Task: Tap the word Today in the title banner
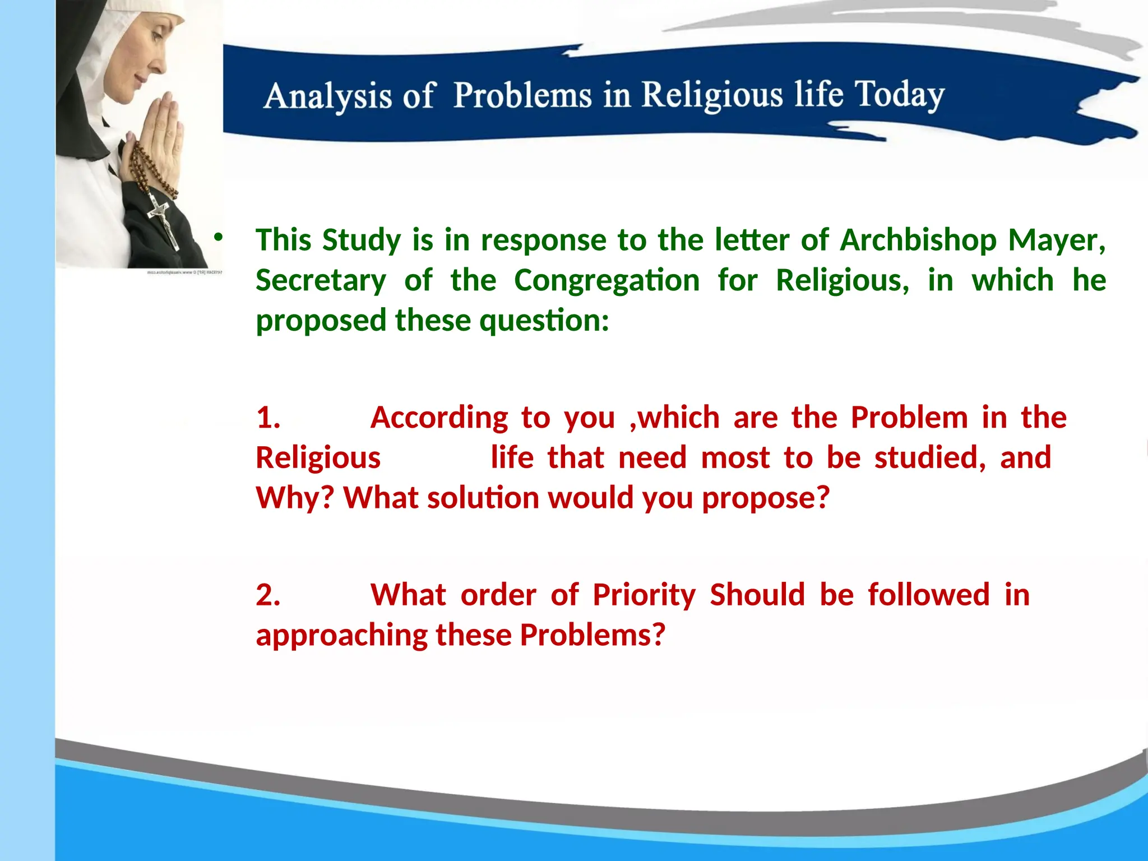pos(899,94)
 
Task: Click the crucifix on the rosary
pos(163,221)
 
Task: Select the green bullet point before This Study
pos(218,238)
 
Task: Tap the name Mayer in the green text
pos(1056,240)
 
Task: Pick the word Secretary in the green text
pos(321,280)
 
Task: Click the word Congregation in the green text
pos(607,280)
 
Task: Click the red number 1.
pos(268,418)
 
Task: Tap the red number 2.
pos(268,595)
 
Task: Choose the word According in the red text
pos(439,418)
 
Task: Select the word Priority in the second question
pos(644,595)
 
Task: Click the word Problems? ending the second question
pos(592,635)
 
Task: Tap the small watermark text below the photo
pos(184,272)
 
